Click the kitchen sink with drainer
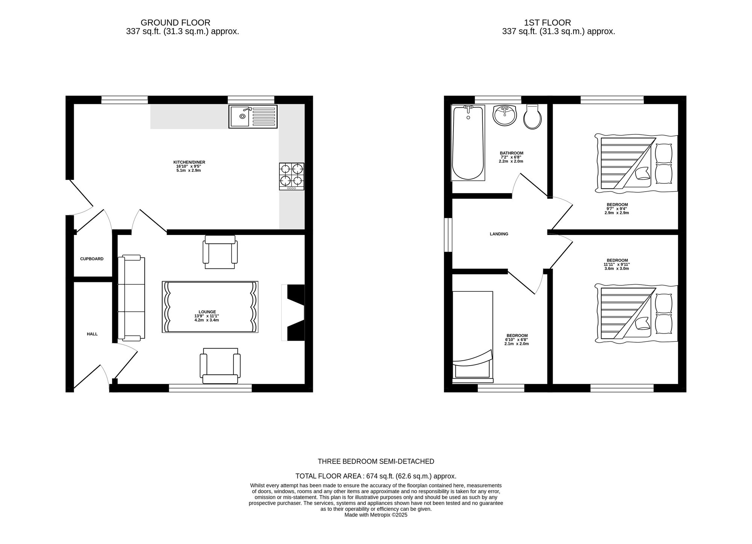pyautogui.click(x=253, y=116)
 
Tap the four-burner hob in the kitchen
pyautogui.click(x=291, y=176)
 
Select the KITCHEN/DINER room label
pyautogui.click(x=189, y=162)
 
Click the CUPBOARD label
pyautogui.click(x=92, y=259)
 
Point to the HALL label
pyautogui.click(x=92, y=334)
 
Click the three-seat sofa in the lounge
pyautogui.click(x=131, y=298)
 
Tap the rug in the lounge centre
pyautogui.click(x=210, y=307)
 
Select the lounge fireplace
pyautogui.click(x=293, y=313)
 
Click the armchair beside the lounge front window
pyautogui.click(x=220, y=366)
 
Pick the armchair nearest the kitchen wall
pyautogui.click(x=220, y=252)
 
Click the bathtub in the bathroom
pyautogui.click(x=468, y=143)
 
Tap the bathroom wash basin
pyautogui.click(x=505, y=115)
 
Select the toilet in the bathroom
pyautogui.click(x=533, y=117)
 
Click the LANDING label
pyautogui.click(x=499, y=234)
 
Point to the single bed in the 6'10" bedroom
pyautogui.click(x=473, y=337)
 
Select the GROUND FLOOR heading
pyautogui.click(x=176, y=23)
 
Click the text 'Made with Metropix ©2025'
pyautogui.click(x=376, y=515)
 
